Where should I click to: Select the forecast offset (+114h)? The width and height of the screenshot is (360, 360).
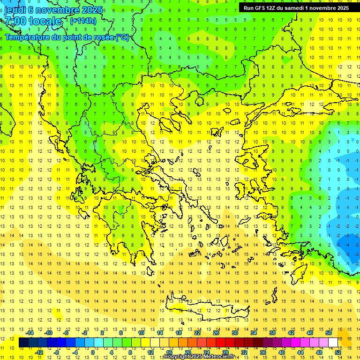tap(83, 21)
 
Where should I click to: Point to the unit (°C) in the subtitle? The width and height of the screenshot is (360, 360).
tap(122, 37)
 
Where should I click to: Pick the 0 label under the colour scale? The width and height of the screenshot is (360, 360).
tap(92, 352)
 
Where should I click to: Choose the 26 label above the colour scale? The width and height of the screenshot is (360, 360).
tap(216, 333)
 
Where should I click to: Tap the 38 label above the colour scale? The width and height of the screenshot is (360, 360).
tap(272, 333)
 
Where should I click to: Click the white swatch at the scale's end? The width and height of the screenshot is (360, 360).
tap(333, 343)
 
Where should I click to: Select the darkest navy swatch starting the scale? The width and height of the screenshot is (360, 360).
tap(23, 343)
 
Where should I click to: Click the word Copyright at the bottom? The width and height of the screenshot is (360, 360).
tap(177, 357)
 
